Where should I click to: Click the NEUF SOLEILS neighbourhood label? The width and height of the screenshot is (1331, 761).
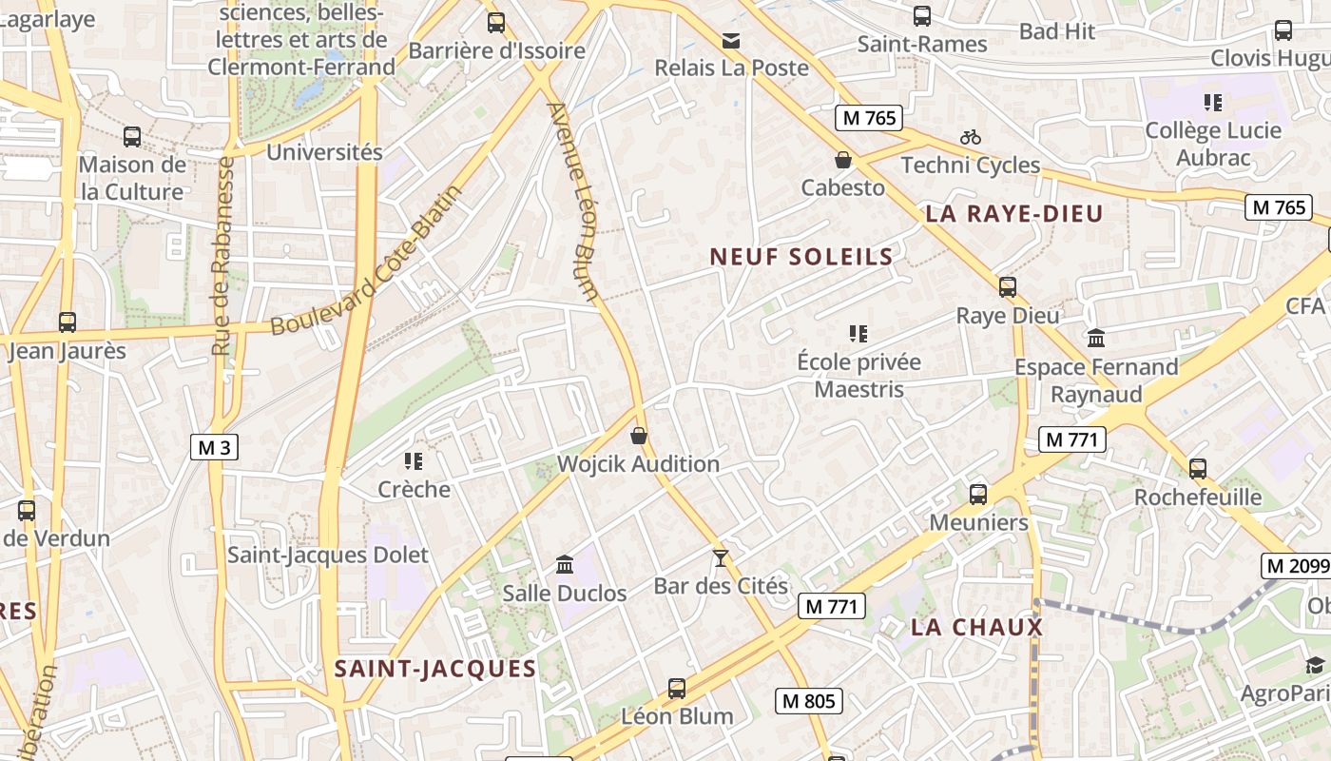tap(801, 257)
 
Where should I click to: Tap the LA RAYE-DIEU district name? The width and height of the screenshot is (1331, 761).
tap(1013, 214)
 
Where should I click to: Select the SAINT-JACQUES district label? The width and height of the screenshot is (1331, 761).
tap(435, 669)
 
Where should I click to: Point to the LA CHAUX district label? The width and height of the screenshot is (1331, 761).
tap(976, 628)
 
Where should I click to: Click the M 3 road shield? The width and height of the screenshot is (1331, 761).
tap(214, 447)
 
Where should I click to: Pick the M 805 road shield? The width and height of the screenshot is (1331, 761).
tap(808, 702)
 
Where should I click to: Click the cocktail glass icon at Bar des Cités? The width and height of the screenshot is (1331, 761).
tap(721, 558)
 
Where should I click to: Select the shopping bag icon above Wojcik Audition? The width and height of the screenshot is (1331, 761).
tap(639, 436)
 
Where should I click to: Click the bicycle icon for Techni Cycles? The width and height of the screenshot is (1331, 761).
tap(970, 137)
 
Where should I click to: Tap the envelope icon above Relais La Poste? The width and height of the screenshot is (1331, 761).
tap(731, 40)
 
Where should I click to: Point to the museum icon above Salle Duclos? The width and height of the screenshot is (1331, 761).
tap(565, 564)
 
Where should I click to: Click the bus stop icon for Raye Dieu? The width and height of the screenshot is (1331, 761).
tap(1008, 286)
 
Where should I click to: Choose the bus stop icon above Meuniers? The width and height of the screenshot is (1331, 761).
tap(978, 495)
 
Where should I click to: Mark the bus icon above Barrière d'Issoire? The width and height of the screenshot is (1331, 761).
tap(495, 22)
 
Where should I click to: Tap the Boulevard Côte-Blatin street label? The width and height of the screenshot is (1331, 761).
tap(367, 261)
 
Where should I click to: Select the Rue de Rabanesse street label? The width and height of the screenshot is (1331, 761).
tap(224, 257)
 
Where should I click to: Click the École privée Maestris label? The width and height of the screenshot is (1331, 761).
tap(858, 375)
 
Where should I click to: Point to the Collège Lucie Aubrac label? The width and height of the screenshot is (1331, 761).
tap(1213, 144)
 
